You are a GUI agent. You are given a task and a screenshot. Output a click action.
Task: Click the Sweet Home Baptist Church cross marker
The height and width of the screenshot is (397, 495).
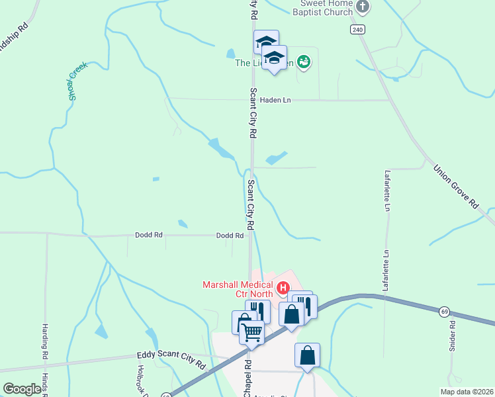(362, 7)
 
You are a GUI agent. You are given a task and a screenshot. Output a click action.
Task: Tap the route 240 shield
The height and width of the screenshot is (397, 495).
(358, 30)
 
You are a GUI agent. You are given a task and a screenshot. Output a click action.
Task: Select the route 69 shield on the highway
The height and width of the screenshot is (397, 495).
(443, 310)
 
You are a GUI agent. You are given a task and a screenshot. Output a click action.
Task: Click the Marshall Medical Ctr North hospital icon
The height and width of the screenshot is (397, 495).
(283, 287)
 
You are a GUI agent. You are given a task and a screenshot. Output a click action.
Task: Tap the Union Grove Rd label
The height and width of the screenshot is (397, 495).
(456, 187)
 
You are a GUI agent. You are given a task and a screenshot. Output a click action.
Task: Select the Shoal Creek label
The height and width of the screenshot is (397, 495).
(77, 82)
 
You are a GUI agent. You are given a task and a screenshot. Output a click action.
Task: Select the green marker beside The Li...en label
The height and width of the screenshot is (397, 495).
(304, 62)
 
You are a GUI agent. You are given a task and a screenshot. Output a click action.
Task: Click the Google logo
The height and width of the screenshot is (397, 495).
(22, 389)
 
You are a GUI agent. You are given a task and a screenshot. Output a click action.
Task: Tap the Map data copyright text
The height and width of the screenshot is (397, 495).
(467, 392)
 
